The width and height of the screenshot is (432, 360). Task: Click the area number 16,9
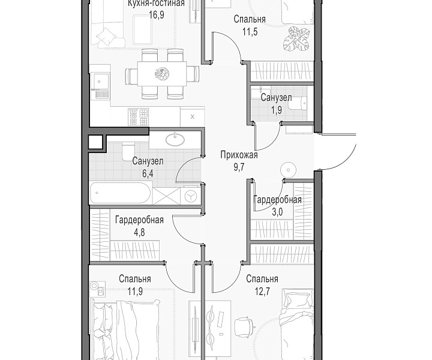pos(157,14)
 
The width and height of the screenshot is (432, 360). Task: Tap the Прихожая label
pos(239,155)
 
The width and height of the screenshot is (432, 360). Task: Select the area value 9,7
pos(239,167)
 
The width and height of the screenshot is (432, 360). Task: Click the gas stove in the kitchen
pos(138,117)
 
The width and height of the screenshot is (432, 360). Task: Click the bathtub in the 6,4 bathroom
pos(121,193)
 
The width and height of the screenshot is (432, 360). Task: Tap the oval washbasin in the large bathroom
pos(175,139)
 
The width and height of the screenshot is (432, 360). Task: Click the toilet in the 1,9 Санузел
pos(304,103)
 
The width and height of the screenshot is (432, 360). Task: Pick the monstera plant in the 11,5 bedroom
pos(296,40)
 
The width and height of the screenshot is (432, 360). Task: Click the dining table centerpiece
pos(162,74)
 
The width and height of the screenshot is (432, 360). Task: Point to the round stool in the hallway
pos(288,170)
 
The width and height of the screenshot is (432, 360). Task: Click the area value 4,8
pos(139,232)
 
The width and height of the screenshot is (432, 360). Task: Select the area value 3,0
pos(277,212)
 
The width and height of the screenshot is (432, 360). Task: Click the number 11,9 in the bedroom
pos(135,291)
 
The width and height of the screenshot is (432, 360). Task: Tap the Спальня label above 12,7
pos(262,279)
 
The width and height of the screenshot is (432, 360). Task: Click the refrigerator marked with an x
pos(193,117)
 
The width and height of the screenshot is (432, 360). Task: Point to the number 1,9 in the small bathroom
pos(277,110)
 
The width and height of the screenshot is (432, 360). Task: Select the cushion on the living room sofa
pos(104,37)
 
